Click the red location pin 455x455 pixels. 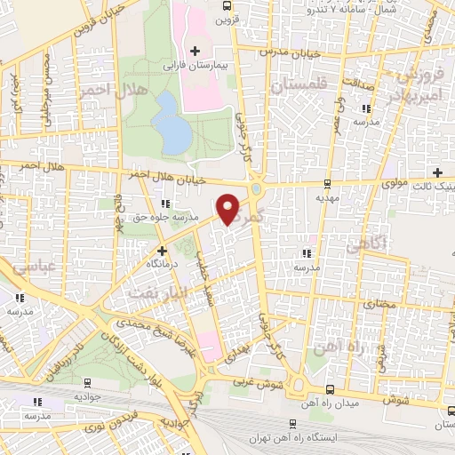228,208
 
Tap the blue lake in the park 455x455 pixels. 170,123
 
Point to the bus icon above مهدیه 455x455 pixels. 328,184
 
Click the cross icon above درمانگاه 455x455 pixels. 162,251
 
